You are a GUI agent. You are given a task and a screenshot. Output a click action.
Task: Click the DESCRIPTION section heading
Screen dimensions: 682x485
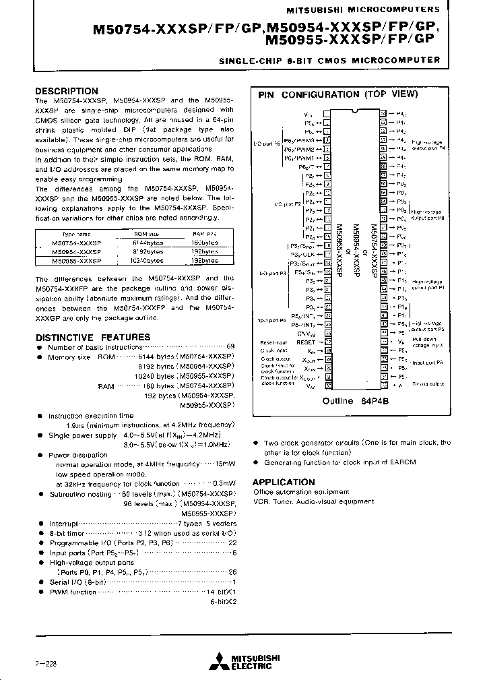[66, 91]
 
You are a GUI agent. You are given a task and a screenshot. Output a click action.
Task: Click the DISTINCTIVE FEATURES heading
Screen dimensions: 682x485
[92, 337]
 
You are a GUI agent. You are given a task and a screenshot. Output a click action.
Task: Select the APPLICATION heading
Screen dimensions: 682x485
[284, 483]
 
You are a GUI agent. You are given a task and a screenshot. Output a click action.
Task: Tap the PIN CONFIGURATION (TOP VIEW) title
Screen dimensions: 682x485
[337, 95]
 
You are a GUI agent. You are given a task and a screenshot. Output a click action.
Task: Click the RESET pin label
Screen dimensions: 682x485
[305, 342]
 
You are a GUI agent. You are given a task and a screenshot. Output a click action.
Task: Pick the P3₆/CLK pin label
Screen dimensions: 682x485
[303, 254]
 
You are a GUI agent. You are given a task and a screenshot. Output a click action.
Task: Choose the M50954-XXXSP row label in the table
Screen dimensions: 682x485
[76, 251]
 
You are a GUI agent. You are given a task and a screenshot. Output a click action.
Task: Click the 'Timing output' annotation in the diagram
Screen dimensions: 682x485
[428, 383]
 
